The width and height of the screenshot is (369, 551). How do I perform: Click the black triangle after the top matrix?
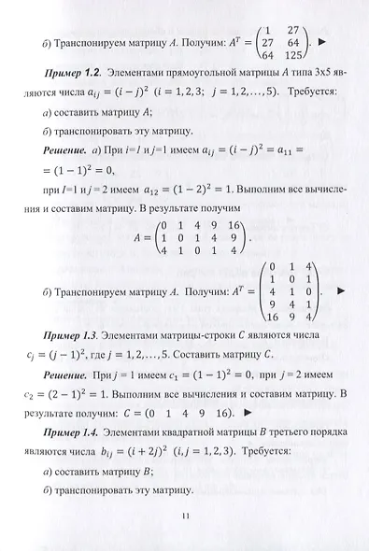pos(340,44)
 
